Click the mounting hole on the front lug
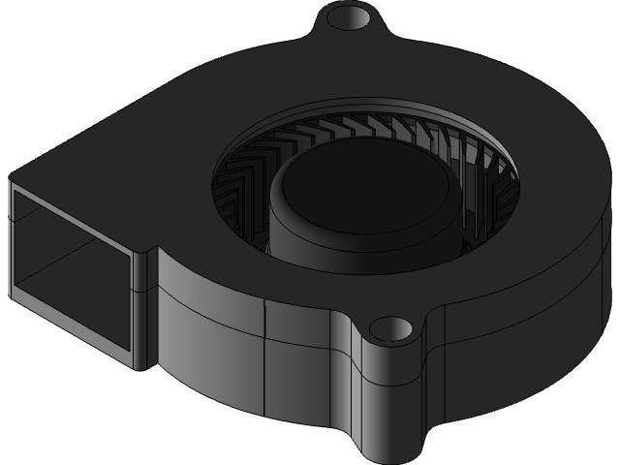pos(394,328)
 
